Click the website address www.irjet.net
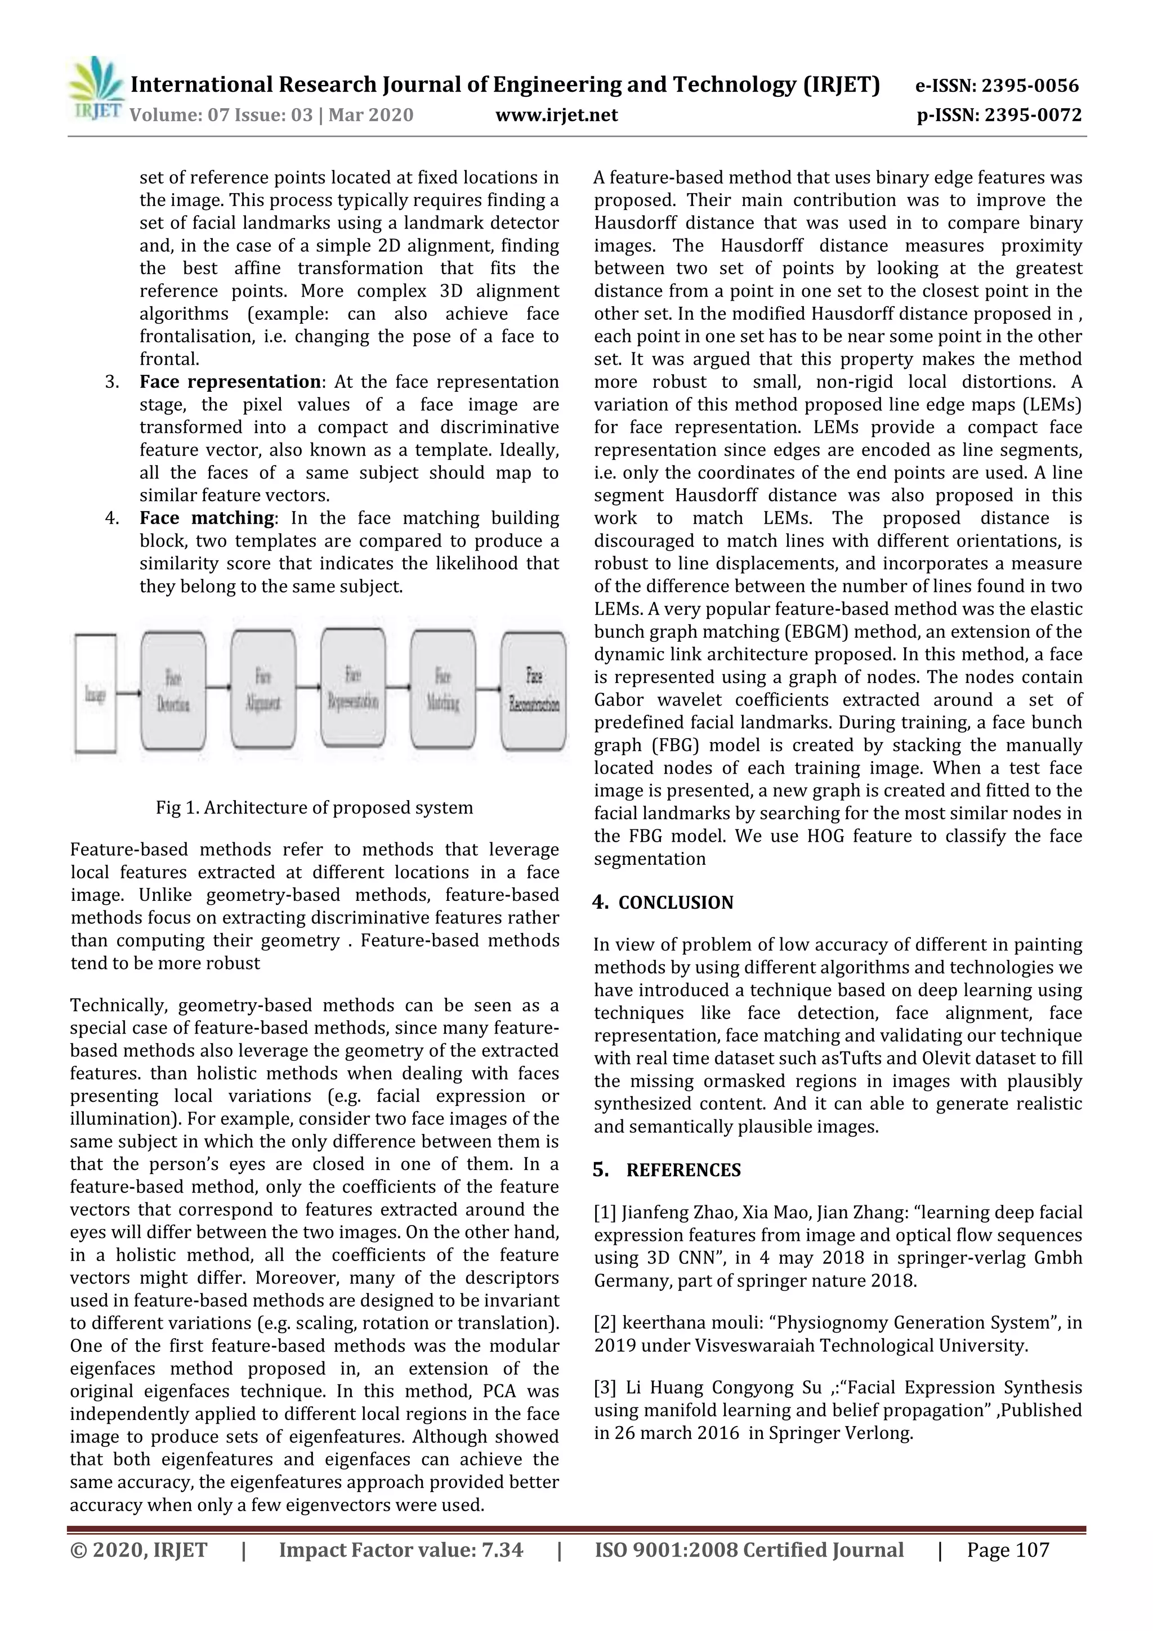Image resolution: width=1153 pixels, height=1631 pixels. pyautogui.click(x=556, y=115)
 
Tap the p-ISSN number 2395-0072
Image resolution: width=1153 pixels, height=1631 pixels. pyautogui.click(x=1032, y=115)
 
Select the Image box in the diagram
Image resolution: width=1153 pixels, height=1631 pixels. pyautogui.click(x=95, y=692)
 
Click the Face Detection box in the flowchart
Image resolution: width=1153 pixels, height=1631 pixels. pyautogui.click(x=173, y=690)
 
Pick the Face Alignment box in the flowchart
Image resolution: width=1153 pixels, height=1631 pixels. pyautogui.click(x=263, y=690)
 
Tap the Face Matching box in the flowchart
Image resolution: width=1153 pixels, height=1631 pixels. pyautogui.click(x=443, y=690)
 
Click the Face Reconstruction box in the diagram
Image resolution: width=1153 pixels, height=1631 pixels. pyautogui.click(x=534, y=690)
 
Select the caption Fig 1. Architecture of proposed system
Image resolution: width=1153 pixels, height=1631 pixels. pyautogui.click(x=314, y=808)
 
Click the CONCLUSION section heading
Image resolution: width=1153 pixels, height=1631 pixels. pyautogui.click(x=675, y=903)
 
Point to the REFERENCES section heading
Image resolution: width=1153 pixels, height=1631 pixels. pyautogui.click(x=683, y=1170)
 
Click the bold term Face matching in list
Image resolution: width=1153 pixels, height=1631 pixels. pyautogui.click(x=206, y=519)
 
